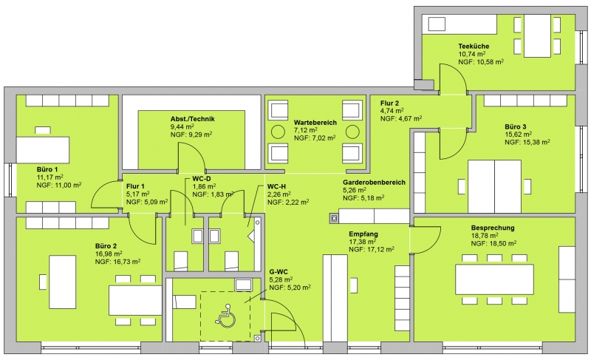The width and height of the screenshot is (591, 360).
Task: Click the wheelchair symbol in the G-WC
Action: (225, 316)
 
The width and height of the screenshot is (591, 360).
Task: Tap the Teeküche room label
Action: (474, 47)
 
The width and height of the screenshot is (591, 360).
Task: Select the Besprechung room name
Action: (493, 228)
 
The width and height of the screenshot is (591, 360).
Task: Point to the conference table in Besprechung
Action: (494, 279)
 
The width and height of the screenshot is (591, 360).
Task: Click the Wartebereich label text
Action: (315, 123)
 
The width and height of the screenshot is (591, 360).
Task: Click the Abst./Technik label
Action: (192, 119)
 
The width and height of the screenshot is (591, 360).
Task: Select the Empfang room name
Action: (363, 234)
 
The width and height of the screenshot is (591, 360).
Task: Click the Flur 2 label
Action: (389, 103)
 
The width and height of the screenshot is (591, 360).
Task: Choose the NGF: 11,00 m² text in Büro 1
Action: (59, 185)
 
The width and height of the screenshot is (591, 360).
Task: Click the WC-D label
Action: (201, 179)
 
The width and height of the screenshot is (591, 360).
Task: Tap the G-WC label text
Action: (279, 272)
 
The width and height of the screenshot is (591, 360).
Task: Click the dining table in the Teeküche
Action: (537, 36)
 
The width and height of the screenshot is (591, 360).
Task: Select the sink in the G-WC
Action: (243, 285)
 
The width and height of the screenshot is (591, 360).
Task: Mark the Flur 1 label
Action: (135, 186)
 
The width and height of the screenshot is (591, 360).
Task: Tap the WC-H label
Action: (276, 186)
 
